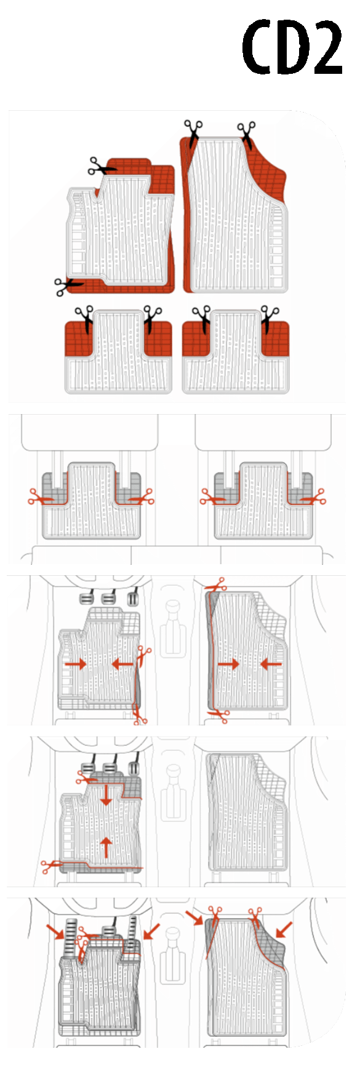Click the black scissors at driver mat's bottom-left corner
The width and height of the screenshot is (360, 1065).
coord(68,285)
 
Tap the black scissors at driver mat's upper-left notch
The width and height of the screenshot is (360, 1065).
coord(101,166)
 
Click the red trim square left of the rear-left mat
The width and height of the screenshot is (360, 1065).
coord(78,339)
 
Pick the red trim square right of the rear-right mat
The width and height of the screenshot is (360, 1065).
coord(275,339)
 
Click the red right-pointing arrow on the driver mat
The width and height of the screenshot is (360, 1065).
coord(76,664)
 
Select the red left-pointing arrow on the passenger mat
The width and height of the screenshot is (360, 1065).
coord(270,664)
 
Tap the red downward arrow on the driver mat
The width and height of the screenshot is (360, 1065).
coord(106,794)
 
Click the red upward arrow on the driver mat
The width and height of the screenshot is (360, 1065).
coord(106,847)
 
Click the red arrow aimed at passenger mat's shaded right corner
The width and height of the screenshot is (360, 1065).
coord(284,929)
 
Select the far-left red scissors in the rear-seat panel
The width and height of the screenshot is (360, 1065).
coord(38,497)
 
